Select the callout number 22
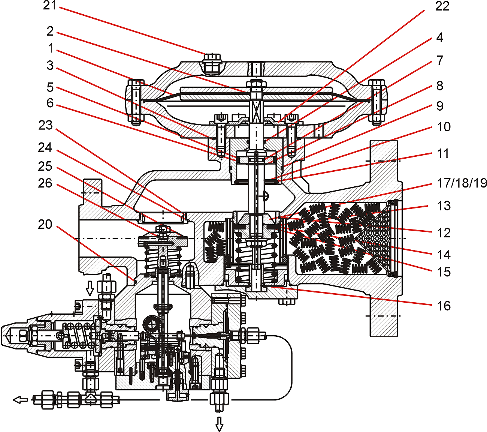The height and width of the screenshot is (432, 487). pyautogui.click(x=442, y=6)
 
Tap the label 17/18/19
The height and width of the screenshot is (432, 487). pyautogui.click(x=462, y=183)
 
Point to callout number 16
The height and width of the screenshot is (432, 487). pyautogui.click(x=444, y=306)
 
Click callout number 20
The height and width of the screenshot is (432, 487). pyautogui.click(x=45, y=224)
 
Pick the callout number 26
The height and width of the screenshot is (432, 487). pyautogui.click(x=45, y=183)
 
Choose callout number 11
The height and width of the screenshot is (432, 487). pyautogui.click(x=443, y=153)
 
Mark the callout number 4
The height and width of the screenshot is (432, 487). pyautogui.click(x=440, y=37)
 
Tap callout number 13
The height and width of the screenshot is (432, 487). pyautogui.click(x=444, y=205)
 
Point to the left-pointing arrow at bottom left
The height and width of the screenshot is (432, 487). pyautogui.click(x=21, y=400)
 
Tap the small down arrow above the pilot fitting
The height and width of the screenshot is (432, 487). pyautogui.click(x=90, y=288)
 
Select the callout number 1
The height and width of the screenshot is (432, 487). pyautogui.click(x=51, y=48)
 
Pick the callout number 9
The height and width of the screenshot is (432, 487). pyautogui.click(x=440, y=106)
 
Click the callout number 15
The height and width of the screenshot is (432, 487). pyautogui.click(x=444, y=272)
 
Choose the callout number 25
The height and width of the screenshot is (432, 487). pyautogui.click(x=45, y=166)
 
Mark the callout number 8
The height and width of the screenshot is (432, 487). pyautogui.click(x=440, y=86)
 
